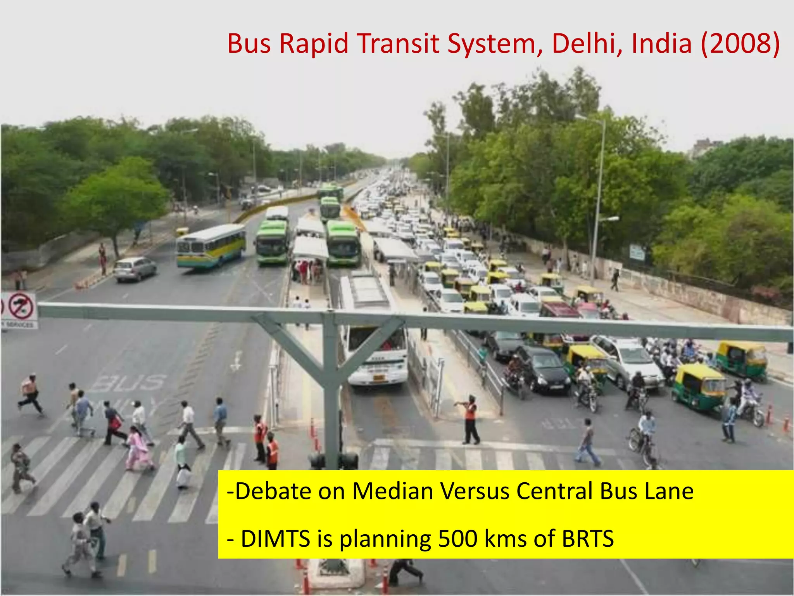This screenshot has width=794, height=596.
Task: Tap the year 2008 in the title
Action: click(x=740, y=43)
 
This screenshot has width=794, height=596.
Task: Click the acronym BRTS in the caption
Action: click(x=588, y=539)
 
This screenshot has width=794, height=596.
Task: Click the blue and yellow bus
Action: click(x=211, y=246)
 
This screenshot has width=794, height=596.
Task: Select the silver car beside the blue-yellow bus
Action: click(x=135, y=269)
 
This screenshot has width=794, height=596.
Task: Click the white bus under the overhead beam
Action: click(x=374, y=349)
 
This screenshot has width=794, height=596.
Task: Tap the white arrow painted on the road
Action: click(x=236, y=361)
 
